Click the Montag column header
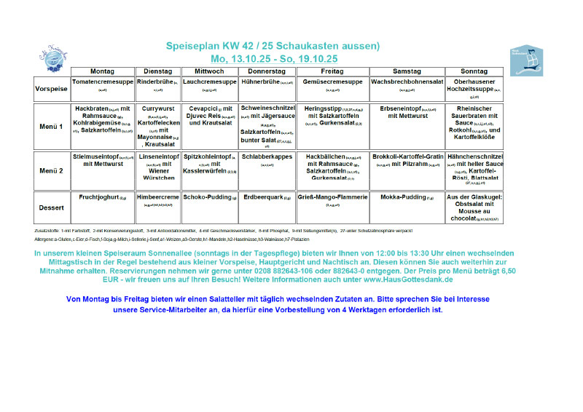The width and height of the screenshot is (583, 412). [x=102, y=71]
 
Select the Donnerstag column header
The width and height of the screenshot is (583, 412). [x=267, y=71]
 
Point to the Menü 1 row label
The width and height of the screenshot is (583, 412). [x=51, y=126]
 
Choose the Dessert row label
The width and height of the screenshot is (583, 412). [x=51, y=207]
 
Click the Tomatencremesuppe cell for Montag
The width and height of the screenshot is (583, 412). [x=102, y=86]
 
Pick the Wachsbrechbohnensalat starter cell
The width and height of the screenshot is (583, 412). [x=403, y=86]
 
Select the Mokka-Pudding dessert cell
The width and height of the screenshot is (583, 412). [x=403, y=197]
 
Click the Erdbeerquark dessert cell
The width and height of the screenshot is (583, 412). [x=267, y=197]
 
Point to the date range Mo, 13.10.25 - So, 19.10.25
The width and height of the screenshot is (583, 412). [x=273, y=58]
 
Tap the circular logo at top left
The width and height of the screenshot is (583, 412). [x=53, y=56]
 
